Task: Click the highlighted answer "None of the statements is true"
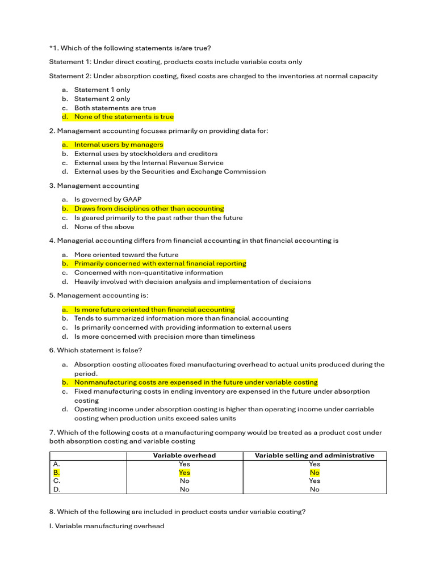point(124,117)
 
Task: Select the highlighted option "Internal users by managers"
point(119,145)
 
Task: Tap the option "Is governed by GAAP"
point(108,200)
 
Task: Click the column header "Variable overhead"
point(185,456)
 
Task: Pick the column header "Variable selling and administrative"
point(315,456)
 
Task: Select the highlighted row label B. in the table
point(56,472)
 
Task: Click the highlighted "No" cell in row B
point(315,472)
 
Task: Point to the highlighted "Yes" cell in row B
point(185,472)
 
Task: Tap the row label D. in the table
point(56,489)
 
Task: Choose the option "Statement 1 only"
point(102,90)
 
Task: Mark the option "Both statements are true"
point(115,108)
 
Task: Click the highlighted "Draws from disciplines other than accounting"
point(149,209)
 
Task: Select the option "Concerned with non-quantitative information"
point(149,273)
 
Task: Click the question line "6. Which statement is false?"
point(96,350)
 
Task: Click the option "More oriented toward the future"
point(126,255)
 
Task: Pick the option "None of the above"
point(104,227)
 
